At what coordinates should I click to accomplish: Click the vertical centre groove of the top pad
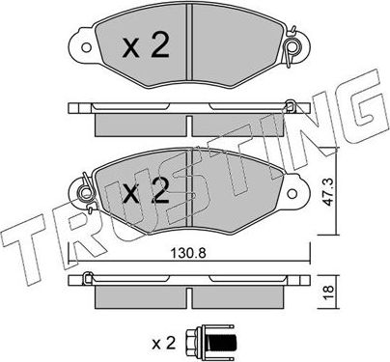click(x=190, y=48)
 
